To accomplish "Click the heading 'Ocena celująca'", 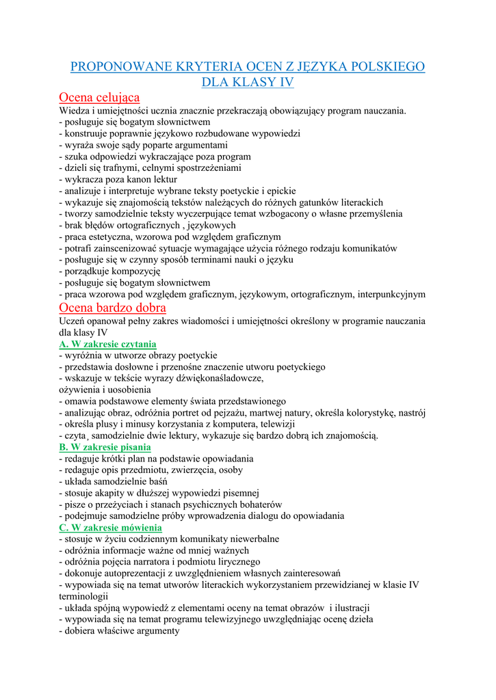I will click(x=99, y=97).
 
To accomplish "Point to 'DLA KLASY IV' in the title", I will click(x=248, y=82).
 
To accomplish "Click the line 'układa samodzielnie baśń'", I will click(x=116, y=481).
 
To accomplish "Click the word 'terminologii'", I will click(x=84, y=596).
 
